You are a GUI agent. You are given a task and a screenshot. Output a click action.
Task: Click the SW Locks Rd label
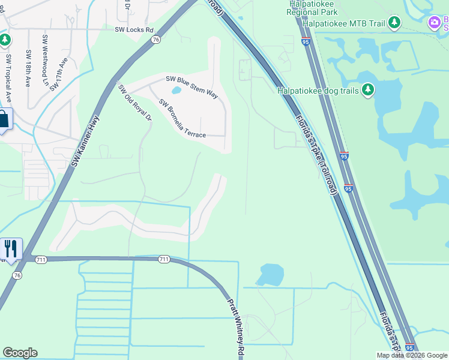pyautogui.click(x=134, y=29)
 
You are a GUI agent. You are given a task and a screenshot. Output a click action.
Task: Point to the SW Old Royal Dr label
pyautogui.click(x=135, y=103)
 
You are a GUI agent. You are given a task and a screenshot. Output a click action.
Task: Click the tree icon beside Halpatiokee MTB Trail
pyautogui.click(x=394, y=23)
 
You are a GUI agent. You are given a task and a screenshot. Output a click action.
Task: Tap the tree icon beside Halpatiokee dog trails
pyautogui.click(x=368, y=91)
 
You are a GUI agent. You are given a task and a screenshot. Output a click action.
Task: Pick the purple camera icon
pyautogui.click(x=434, y=23)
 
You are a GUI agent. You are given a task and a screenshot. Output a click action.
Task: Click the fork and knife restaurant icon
pyautogui.click(x=11, y=248)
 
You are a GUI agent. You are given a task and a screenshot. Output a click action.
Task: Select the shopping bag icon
pyautogui.click(x=4, y=119)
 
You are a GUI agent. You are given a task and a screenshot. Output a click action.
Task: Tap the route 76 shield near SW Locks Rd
pyautogui.click(x=155, y=40)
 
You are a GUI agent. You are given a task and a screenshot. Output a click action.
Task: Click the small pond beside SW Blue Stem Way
pyautogui.click(x=176, y=91)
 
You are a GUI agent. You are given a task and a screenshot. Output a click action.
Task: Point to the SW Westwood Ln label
pyautogui.click(x=45, y=54)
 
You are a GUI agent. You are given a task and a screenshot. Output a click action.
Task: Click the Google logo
pyautogui.click(x=20, y=353)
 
